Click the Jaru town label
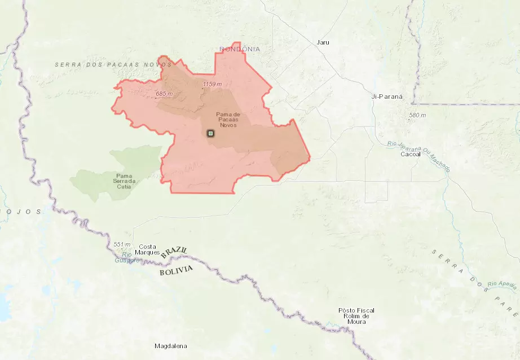tap(323, 42)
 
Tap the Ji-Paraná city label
tap(387, 96)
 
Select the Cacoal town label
tap(411, 154)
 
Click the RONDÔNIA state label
tap(240, 50)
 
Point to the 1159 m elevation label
tap(212, 84)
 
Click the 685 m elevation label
tap(164, 93)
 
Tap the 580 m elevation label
tap(417, 116)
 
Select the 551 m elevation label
tap(122, 244)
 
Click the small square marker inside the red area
tap(210, 133)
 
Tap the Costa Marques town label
tap(148, 249)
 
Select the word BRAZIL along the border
tap(174, 252)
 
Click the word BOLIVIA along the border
tap(176, 271)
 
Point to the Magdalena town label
tap(171, 346)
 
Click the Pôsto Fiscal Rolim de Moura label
tap(356, 316)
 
